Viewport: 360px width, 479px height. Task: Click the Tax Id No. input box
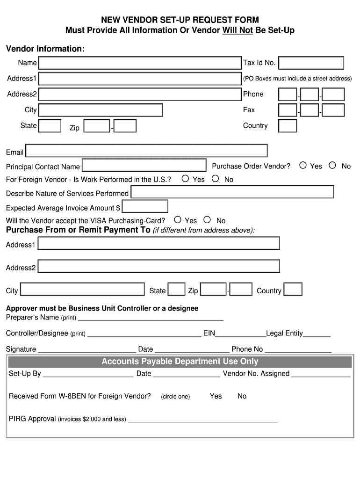[311, 63]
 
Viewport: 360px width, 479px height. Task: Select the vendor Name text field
[140, 63]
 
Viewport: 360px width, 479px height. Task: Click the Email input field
[146, 151]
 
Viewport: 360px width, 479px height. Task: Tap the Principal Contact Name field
[144, 166]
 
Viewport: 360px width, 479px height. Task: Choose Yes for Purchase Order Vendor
[303, 165]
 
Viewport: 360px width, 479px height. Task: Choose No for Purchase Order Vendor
[332, 165]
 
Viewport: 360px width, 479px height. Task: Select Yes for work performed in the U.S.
[186, 178]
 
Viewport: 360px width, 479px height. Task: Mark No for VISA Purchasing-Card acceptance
[207, 219]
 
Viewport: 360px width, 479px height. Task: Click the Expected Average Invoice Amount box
[145, 206]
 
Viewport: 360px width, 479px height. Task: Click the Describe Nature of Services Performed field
[232, 192]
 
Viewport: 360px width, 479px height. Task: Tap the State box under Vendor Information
[50, 126]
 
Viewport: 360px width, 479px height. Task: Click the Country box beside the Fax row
[288, 126]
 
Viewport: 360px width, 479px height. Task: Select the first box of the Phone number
[288, 94]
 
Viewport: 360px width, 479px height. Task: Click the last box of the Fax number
[333, 110]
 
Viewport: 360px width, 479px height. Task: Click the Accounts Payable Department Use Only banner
[180, 362]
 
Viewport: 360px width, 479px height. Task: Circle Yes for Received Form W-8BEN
[216, 396]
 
